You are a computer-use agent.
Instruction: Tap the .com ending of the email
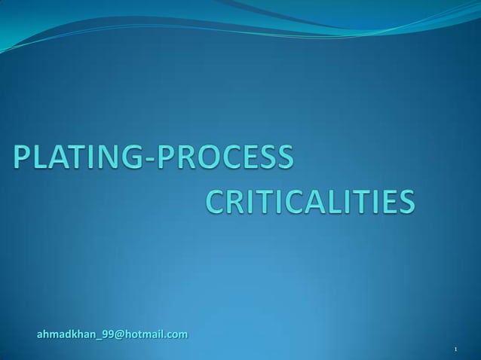[x=176, y=333]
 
